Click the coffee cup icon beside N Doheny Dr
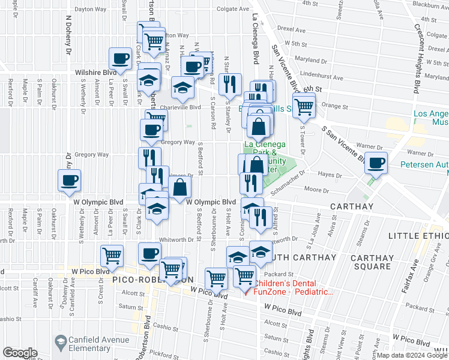[69, 180]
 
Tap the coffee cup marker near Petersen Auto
[377, 163]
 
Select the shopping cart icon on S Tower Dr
[304, 107]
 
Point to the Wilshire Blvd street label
[95, 72]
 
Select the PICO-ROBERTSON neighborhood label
[152, 280]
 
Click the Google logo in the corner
[20, 353]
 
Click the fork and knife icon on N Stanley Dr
[230, 85]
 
